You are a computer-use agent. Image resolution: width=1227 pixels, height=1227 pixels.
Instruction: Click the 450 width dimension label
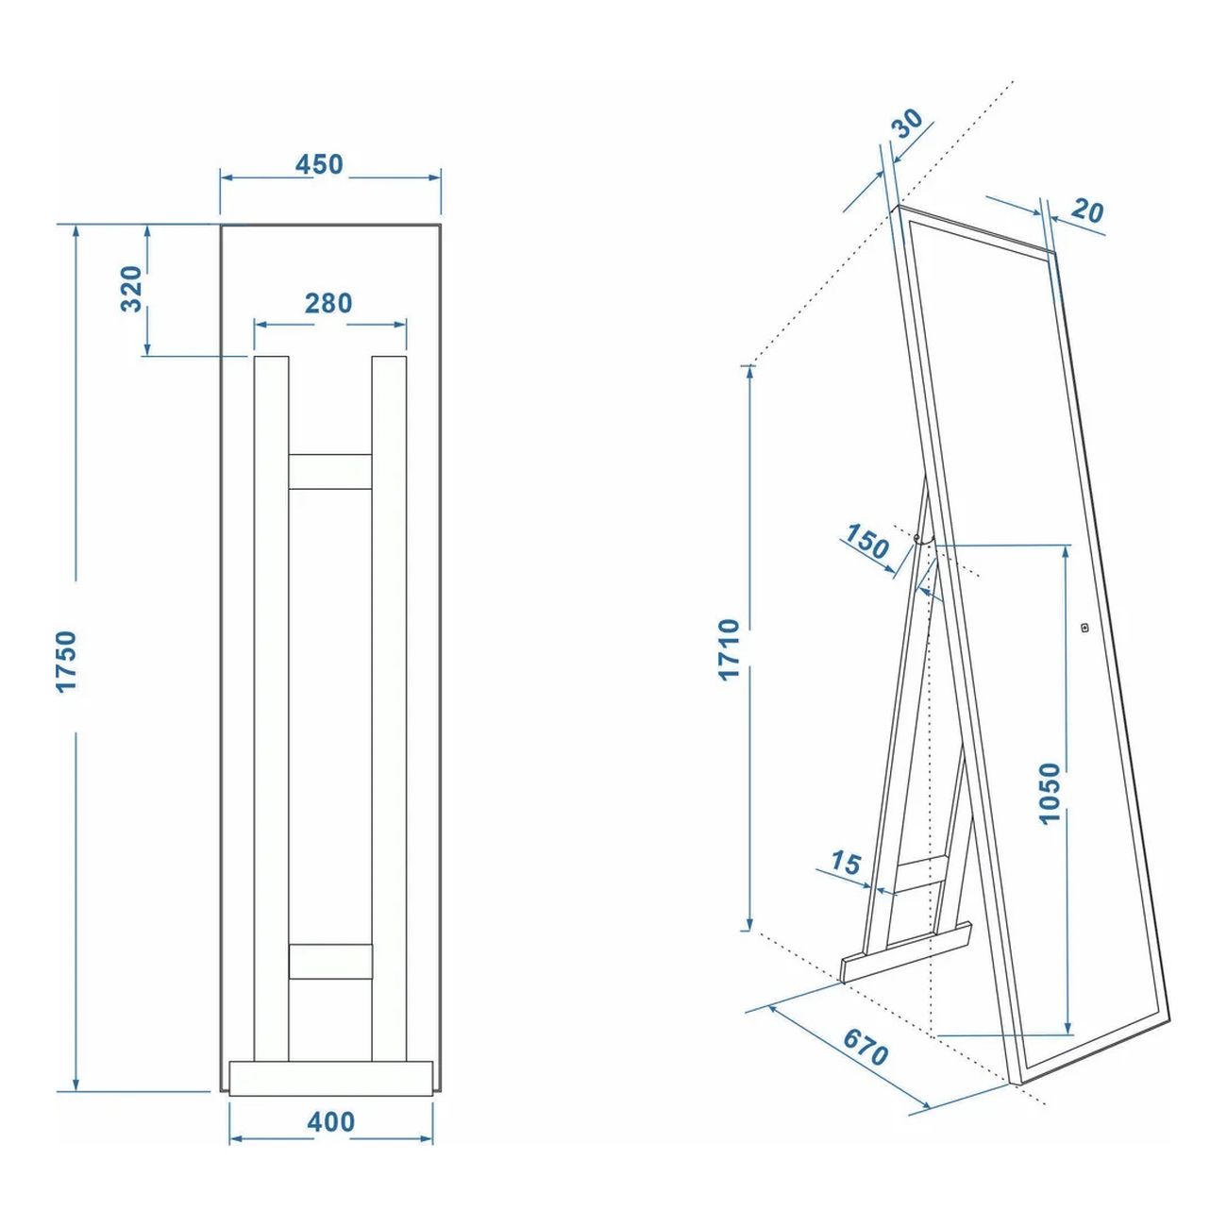[x=319, y=164]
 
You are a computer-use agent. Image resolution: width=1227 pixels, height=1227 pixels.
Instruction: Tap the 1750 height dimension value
[x=66, y=661]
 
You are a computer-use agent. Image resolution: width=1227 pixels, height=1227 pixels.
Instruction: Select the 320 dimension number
[x=131, y=289]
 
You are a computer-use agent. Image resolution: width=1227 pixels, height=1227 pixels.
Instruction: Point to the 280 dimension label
[x=328, y=303]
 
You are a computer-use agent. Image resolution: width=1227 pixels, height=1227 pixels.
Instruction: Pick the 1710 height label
[x=729, y=649]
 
